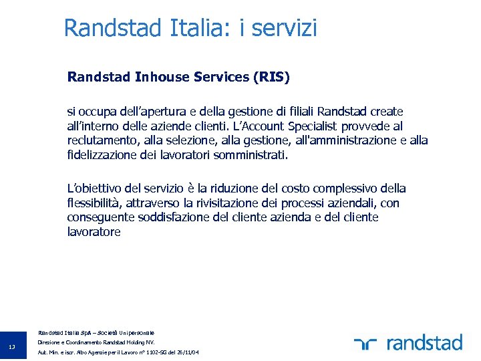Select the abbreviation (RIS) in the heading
point(272,77)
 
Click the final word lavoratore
point(94,232)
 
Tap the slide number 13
point(13,346)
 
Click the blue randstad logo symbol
point(366,344)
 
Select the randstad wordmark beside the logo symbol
point(424,344)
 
